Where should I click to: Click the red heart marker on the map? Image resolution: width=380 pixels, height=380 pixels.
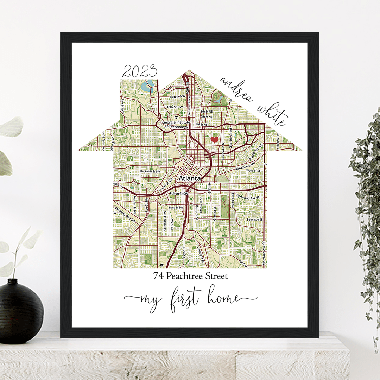(214, 139)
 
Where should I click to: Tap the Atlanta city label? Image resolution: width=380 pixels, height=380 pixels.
(190, 179)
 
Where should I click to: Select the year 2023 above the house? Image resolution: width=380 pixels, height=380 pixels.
(139, 72)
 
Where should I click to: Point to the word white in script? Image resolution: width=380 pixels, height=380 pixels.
(272, 114)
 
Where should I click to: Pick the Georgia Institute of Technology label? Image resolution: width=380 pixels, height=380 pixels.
(176, 124)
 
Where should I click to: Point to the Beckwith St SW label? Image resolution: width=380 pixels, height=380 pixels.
(150, 171)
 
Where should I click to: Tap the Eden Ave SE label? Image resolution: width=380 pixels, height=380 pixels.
(255, 219)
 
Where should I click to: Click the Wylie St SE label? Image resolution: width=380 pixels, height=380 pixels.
(255, 170)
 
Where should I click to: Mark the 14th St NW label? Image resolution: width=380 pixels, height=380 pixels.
(176, 97)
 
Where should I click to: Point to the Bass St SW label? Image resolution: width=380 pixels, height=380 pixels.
(176, 208)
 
